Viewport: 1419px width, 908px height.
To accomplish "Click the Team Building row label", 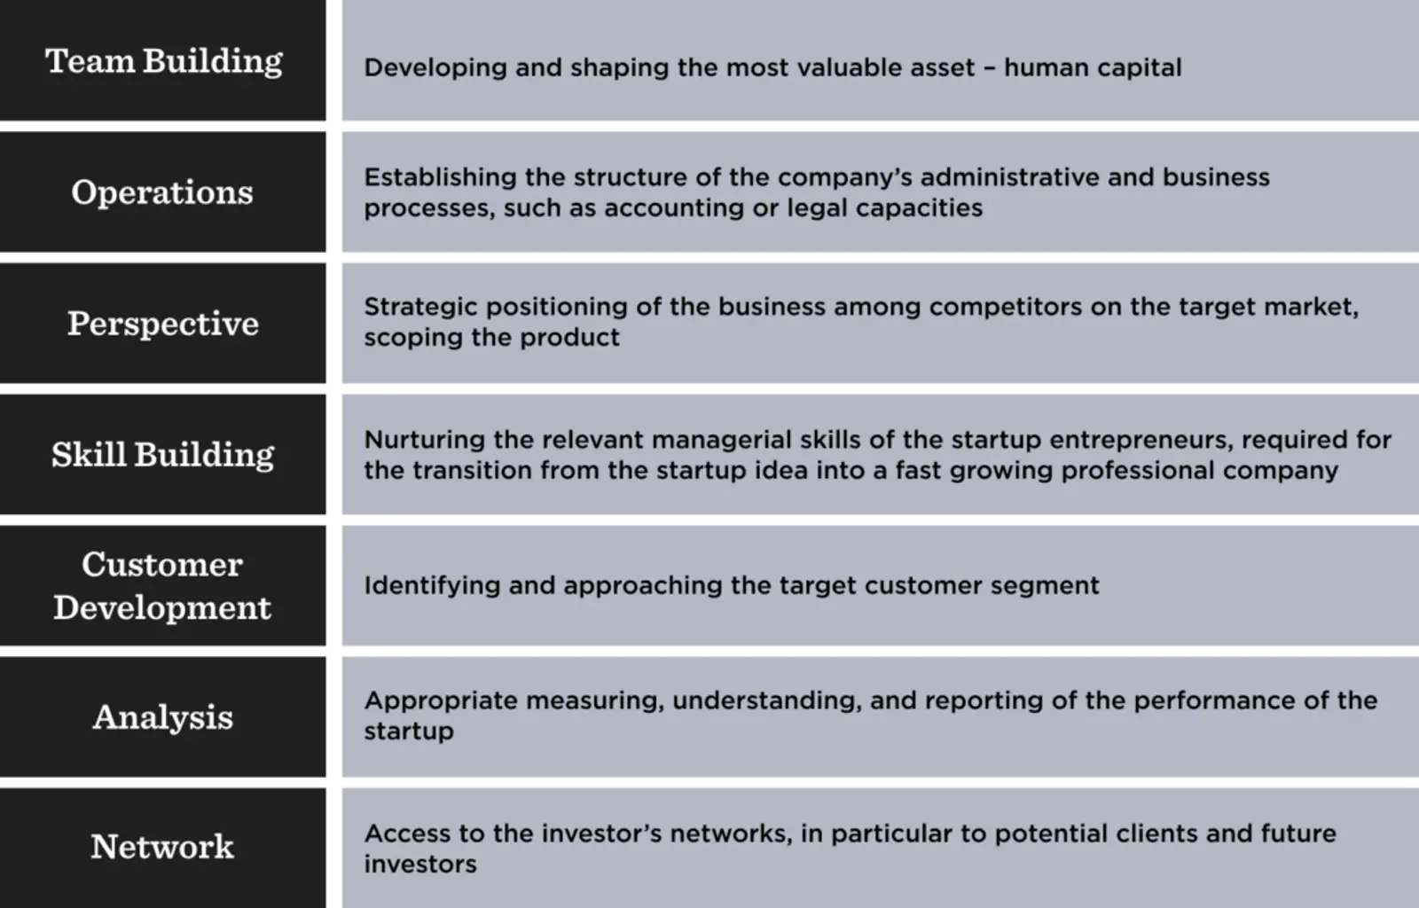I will click(x=164, y=61).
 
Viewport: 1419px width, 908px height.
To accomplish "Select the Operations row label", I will click(x=162, y=192).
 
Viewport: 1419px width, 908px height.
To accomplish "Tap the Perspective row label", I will click(x=163, y=324).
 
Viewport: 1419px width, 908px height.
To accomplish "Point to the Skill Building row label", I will click(x=162, y=455).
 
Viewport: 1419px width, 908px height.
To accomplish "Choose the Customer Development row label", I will click(x=162, y=586).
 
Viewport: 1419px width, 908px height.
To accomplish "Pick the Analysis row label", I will click(x=162, y=717).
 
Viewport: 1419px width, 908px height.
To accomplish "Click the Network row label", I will click(x=162, y=847).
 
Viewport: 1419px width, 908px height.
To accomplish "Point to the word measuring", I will click(x=594, y=701).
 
